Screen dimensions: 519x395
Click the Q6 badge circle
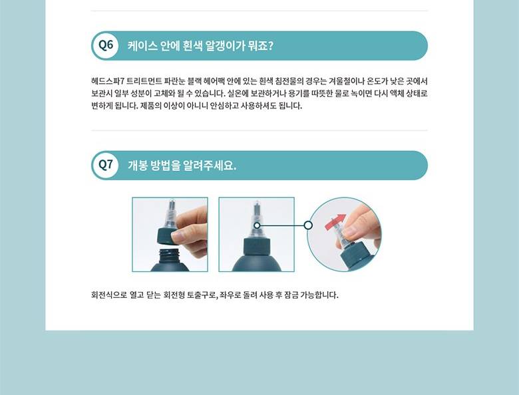(106, 45)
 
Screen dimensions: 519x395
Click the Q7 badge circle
(106, 165)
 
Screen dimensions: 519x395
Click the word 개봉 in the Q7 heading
(137, 166)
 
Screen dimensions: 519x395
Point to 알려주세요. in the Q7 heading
(210, 166)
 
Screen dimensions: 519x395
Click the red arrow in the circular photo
(335, 221)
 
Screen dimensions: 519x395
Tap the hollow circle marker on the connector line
(308, 225)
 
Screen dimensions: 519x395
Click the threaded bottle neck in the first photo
(169, 255)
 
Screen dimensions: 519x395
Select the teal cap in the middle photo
(257, 245)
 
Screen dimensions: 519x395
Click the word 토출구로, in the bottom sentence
(202, 295)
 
